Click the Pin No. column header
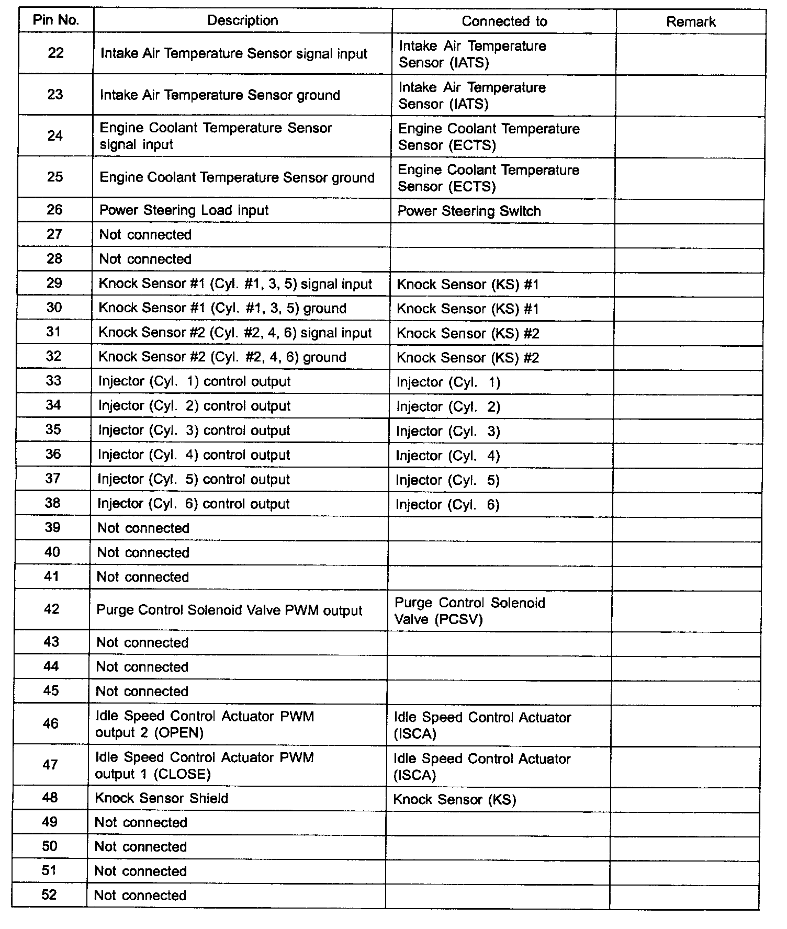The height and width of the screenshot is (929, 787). click(x=56, y=20)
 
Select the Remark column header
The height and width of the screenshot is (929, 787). click(x=691, y=21)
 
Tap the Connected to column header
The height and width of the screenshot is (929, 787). click(x=504, y=21)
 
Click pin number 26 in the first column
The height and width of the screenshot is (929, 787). click(x=54, y=210)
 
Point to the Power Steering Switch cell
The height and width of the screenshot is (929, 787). click(x=469, y=211)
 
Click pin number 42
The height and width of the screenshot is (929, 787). click(x=52, y=609)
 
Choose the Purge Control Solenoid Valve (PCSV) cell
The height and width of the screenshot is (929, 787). click(x=469, y=611)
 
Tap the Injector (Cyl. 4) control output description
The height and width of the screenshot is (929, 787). click(x=194, y=455)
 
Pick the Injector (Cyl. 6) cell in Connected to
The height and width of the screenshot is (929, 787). click(x=447, y=505)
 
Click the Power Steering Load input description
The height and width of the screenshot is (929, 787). click(x=184, y=210)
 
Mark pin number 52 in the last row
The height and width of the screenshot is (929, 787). click(x=49, y=895)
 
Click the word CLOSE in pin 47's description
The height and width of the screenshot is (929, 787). click(x=182, y=774)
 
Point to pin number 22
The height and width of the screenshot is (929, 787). click(x=55, y=53)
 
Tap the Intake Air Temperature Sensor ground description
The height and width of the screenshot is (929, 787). click(x=220, y=95)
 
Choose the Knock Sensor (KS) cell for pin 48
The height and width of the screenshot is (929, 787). click(x=454, y=799)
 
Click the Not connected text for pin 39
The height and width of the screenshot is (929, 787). click(x=143, y=528)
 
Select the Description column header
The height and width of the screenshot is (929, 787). click(x=243, y=20)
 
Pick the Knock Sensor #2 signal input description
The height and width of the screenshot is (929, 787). click(x=235, y=333)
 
